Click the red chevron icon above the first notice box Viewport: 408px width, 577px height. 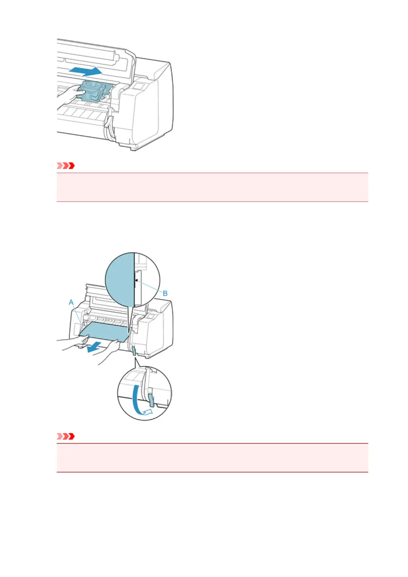click(66, 166)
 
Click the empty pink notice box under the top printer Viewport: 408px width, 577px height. click(212, 187)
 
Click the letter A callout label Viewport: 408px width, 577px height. click(71, 302)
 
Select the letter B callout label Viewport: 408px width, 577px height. click(165, 293)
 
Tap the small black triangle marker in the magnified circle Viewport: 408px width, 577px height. click(136, 280)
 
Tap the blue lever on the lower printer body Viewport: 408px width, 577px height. click(134, 350)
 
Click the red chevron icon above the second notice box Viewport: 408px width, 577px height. click(66, 437)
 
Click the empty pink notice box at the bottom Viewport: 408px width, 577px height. click(212, 458)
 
